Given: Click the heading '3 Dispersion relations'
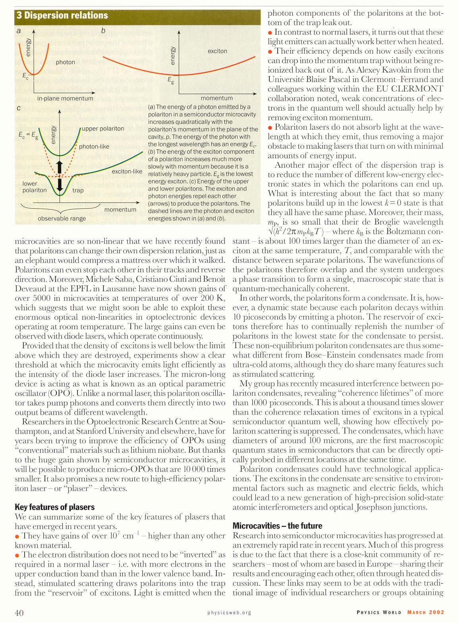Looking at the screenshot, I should tap(62, 15).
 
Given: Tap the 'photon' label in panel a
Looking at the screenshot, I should tap(65, 62).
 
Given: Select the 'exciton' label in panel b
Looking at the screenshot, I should tap(217, 51).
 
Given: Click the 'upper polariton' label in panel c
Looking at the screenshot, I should tap(103, 129).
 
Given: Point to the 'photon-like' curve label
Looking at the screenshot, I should tap(94, 146).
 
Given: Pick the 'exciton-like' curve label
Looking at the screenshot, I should tap(127, 171).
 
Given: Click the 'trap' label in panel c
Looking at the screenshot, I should tap(78, 190).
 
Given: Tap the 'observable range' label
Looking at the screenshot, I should tap(62, 219).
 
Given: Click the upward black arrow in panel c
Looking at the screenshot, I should tap(60, 167).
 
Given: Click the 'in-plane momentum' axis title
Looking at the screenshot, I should tap(65, 98).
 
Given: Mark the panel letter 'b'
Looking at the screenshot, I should tap(103, 31).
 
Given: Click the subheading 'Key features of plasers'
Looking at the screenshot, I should tap(54, 507).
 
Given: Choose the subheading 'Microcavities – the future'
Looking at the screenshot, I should tap(277, 526).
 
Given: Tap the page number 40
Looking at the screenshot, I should tap(19, 613).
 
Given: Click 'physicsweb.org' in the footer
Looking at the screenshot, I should tap(229, 613).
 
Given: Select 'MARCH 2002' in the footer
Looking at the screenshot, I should tap(425, 612).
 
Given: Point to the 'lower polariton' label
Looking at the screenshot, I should tap(35, 187).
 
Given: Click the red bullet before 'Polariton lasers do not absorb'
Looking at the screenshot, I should tap(270, 127).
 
